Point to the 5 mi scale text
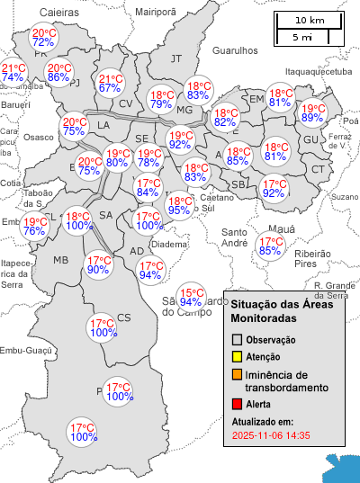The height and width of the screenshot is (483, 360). (x=302, y=37)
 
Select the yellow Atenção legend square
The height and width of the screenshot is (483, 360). (x=237, y=357)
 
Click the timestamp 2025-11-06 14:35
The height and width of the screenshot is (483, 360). (x=271, y=435)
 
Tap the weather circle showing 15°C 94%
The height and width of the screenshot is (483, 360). (x=190, y=298)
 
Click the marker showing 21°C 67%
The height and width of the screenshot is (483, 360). (x=110, y=83)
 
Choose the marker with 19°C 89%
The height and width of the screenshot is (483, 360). (x=313, y=112)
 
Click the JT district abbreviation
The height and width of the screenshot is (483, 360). (x=176, y=58)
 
